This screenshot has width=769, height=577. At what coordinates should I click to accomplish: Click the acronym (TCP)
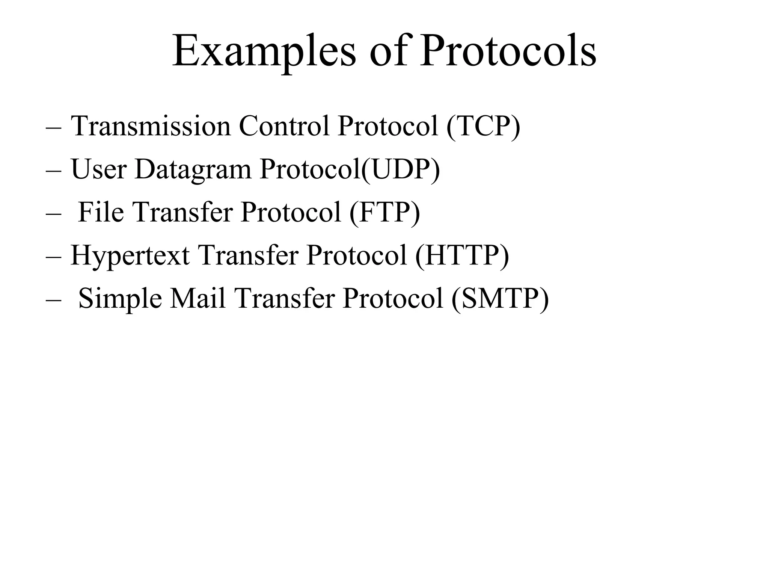[483, 126]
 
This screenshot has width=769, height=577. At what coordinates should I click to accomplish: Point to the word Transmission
[151, 126]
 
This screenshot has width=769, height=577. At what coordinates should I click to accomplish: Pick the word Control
[284, 126]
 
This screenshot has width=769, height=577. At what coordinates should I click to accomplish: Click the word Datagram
[193, 169]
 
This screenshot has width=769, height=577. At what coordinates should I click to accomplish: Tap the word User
[98, 169]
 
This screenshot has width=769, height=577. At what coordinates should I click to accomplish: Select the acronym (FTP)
[384, 213]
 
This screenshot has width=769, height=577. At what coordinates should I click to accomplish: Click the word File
[101, 213]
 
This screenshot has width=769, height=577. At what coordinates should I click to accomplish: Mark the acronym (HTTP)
[462, 256]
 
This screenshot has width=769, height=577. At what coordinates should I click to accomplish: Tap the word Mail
[198, 299]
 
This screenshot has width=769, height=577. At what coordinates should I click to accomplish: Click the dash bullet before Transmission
[53, 128]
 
